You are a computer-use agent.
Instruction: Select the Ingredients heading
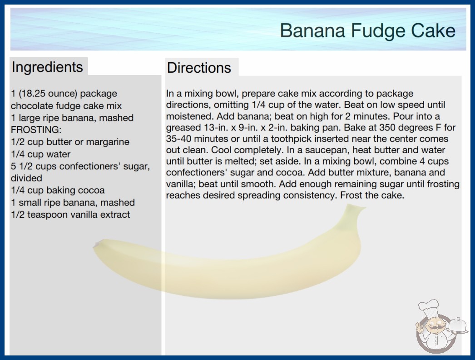(x=47, y=67)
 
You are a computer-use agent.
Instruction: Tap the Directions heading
(x=199, y=68)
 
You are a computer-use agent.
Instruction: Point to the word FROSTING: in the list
(x=36, y=130)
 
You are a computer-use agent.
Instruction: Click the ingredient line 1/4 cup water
(x=40, y=154)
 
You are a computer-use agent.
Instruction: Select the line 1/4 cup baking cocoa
(x=58, y=190)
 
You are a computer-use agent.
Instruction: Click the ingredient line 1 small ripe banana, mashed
(x=73, y=203)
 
